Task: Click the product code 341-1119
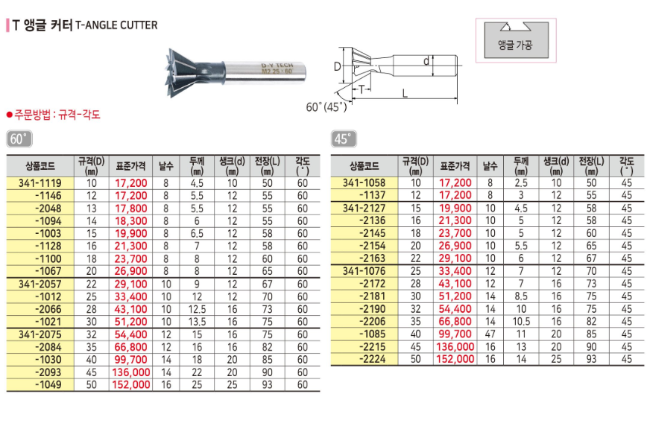tap(40, 183)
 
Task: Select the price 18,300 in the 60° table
tap(130, 221)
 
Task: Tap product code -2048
tap(48, 209)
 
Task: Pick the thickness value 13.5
tap(197, 322)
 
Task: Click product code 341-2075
tap(40, 334)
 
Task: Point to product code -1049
tap(48, 385)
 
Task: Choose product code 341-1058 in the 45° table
tap(364, 182)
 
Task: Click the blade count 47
tap(490, 334)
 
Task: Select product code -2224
tap(372, 359)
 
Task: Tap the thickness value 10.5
tap(521, 322)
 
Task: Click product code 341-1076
tap(364, 271)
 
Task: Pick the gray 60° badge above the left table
tap(19, 139)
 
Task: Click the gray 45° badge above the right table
tap(344, 139)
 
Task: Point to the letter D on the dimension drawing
tap(337, 66)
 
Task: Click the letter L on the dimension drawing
tap(405, 94)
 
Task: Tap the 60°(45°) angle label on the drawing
tap(326, 107)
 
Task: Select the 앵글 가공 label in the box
tap(515, 45)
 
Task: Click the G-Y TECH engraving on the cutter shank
tap(277, 66)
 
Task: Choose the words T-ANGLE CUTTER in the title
tap(116, 25)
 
